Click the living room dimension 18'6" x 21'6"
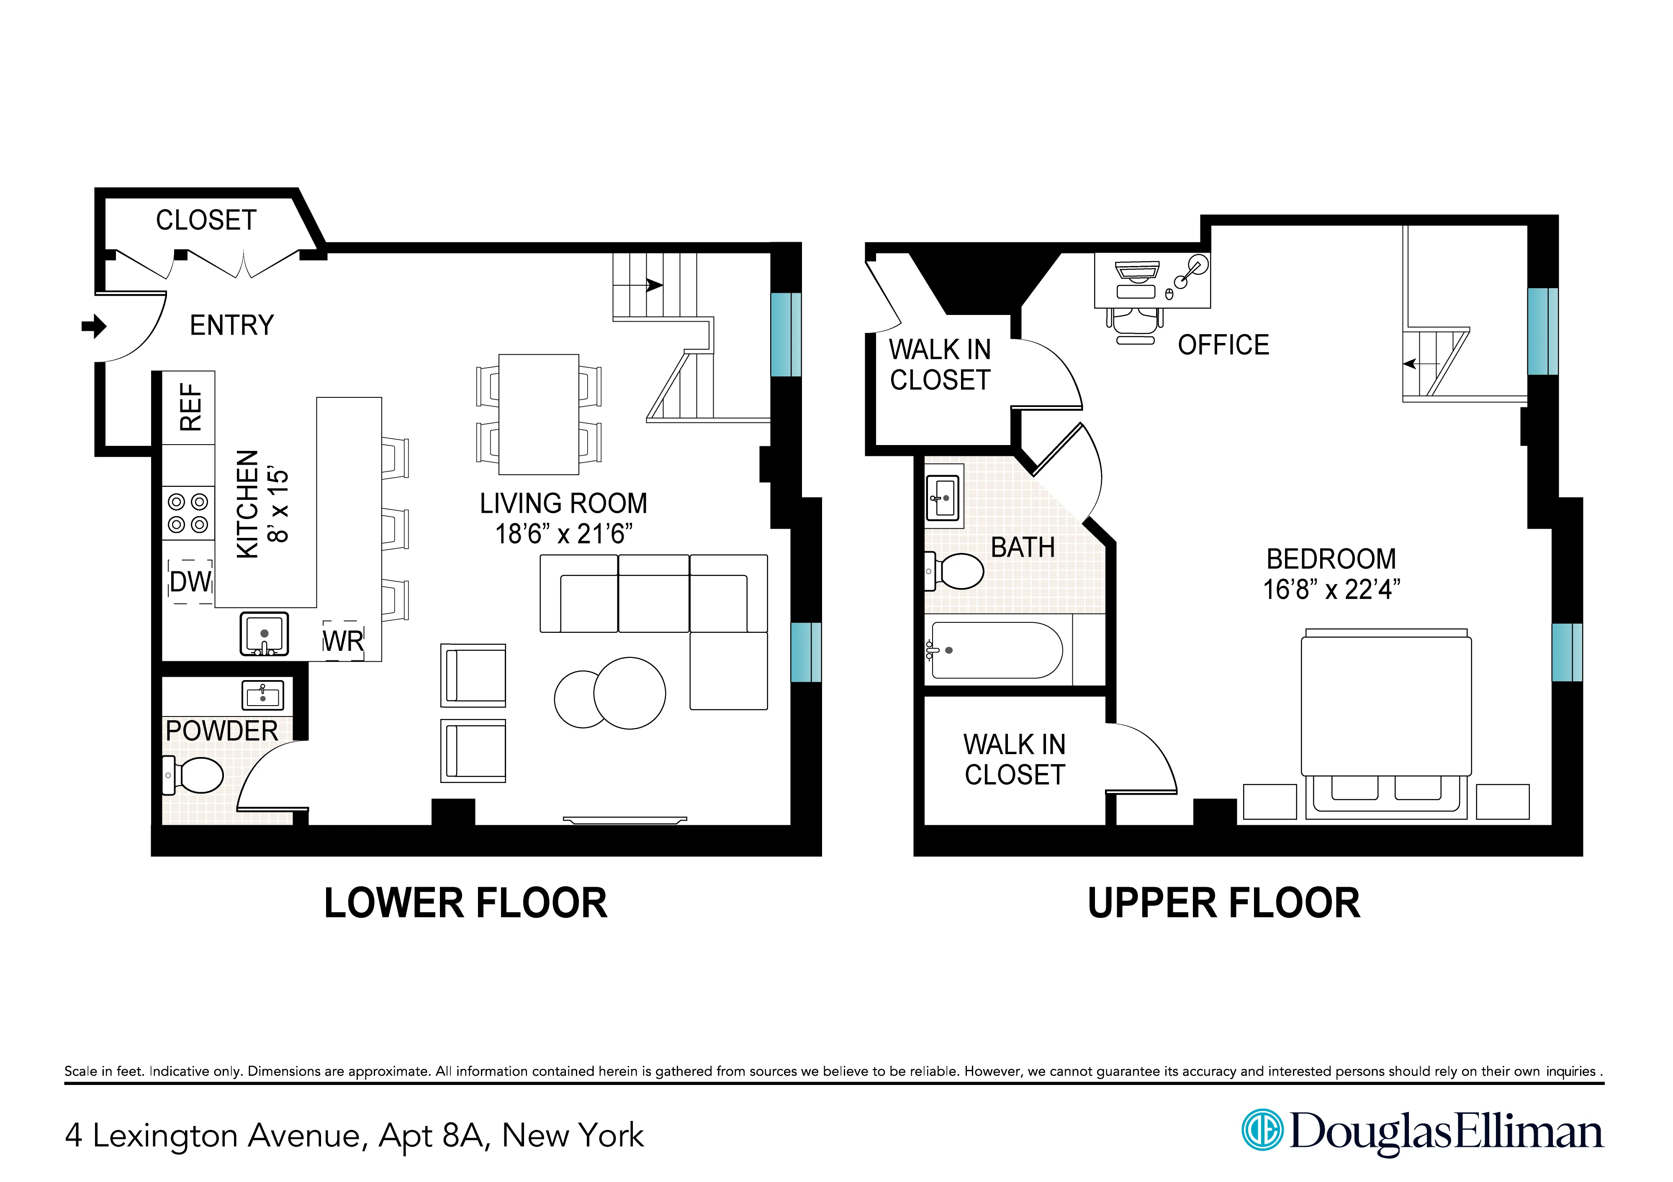[x=563, y=534]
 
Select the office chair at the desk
[x=1135, y=324]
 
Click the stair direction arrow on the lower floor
[x=654, y=286]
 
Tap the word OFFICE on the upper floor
[x=1223, y=345]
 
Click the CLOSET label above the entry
[x=206, y=220]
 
